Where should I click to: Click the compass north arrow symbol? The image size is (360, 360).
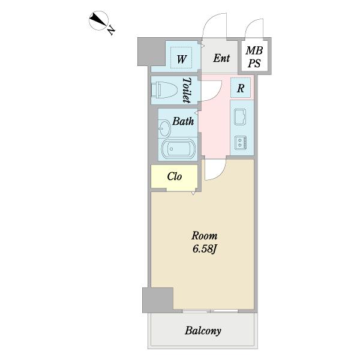98,20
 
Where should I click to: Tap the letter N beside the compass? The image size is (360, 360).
112,30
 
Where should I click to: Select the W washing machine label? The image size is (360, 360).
181,59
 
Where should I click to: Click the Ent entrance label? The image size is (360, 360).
221,58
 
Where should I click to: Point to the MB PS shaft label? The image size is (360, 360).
254,57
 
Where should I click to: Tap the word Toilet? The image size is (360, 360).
187,90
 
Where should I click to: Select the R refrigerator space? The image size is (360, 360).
241,88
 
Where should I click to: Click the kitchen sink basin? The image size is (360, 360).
240,117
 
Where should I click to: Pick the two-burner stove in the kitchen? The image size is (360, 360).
241,142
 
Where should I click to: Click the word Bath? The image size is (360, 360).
183,121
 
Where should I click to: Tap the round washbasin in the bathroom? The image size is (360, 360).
164,128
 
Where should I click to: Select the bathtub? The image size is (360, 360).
179,149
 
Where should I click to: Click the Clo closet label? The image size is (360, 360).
175,176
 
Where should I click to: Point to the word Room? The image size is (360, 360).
205,236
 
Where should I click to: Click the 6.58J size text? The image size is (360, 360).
205,249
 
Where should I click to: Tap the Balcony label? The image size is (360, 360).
203,331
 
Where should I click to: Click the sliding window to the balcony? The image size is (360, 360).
210,311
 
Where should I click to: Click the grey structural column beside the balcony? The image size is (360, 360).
158,300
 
